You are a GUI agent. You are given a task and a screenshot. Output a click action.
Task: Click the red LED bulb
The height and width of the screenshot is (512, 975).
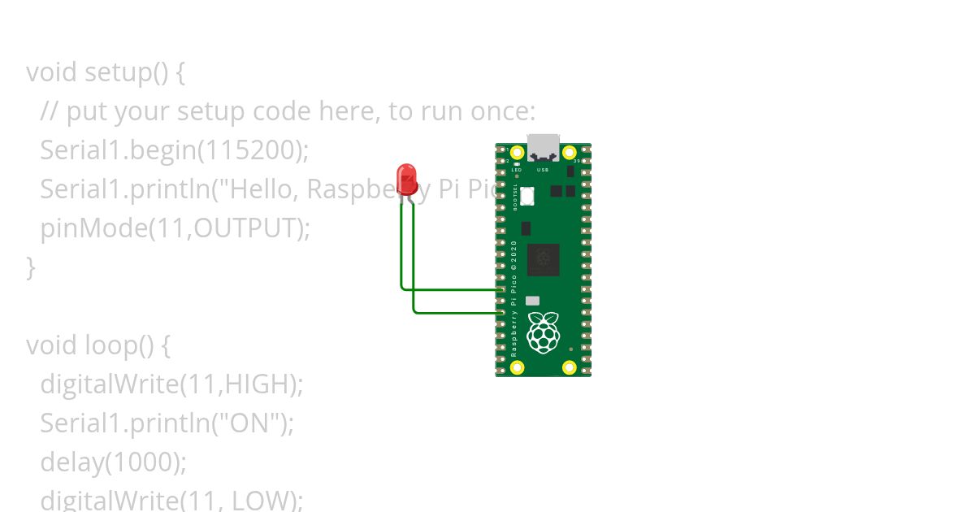pyautogui.click(x=406, y=177)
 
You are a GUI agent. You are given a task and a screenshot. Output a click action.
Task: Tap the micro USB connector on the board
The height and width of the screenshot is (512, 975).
pyautogui.click(x=543, y=147)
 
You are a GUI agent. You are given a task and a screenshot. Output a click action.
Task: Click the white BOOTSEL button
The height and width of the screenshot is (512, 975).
pyautogui.click(x=527, y=196)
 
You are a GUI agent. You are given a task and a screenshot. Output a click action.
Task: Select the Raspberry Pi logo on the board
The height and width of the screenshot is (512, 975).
pyautogui.click(x=543, y=332)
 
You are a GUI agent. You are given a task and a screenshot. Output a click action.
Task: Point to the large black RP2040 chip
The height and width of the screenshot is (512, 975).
pyautogui.click(x=543, y=259)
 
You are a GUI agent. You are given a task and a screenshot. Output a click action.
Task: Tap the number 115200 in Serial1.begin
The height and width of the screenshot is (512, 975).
pyautogui.click(x=249, y=150)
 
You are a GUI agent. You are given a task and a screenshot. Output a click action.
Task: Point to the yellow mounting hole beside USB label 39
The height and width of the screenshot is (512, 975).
pyautogui.click(x=570, y=152)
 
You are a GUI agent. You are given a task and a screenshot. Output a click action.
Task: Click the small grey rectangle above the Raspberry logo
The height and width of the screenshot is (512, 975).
pyautogui.click(x=532, y=301)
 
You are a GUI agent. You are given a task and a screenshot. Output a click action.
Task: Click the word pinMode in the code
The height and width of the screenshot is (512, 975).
pyautogui.click(x=93, y=228)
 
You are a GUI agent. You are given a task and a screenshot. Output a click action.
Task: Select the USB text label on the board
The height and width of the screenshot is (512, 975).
pyautogui.click(x=543, y=170)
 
